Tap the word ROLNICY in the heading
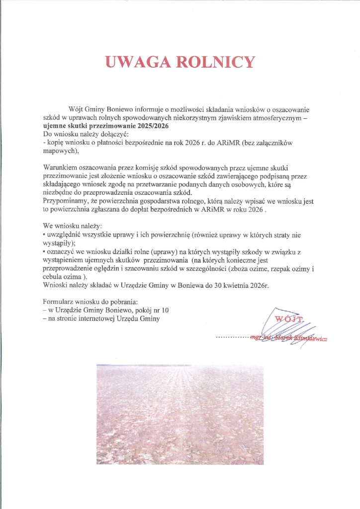pyautogui.click(x=216, y=62)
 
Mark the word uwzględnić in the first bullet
pyautogui.click(x=63, y=234)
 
